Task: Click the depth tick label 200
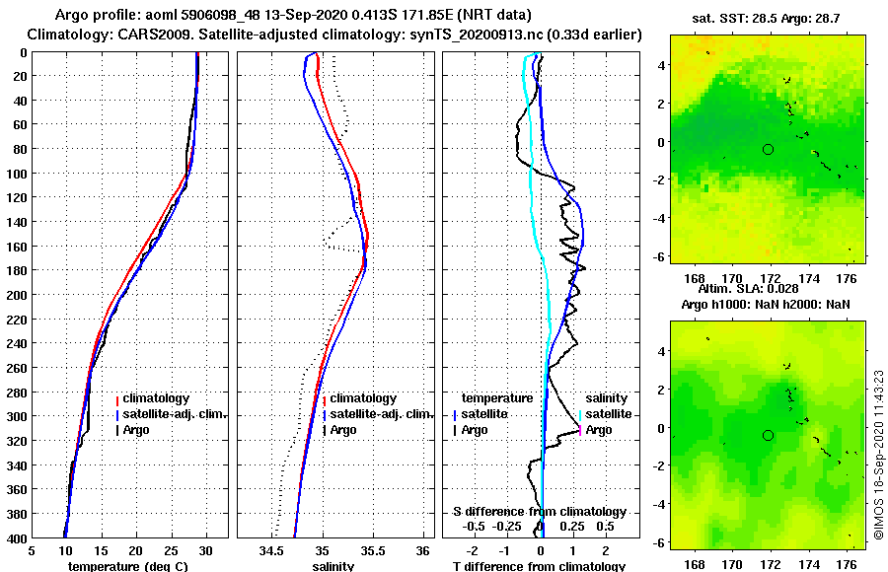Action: tap(17, 294)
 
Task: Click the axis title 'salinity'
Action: tap(333, 566)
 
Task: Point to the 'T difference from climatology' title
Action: tap(539, 566)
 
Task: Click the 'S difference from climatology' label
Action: tap(539, 512)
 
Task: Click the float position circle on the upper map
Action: tap(768, 149)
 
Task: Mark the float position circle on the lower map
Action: tap(768, 435)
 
